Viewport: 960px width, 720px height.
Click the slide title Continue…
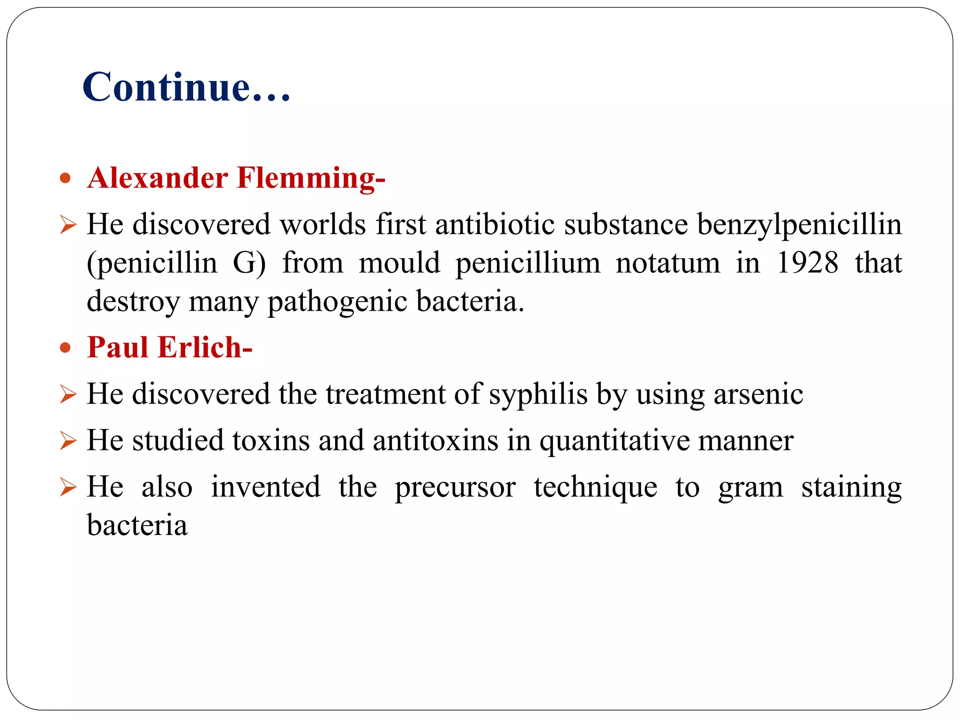187,87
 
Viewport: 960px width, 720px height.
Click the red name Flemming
311,179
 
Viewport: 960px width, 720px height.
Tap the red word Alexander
157,178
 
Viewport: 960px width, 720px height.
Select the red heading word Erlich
205,348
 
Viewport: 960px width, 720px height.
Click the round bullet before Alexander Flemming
66,178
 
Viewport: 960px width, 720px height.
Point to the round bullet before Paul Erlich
66,348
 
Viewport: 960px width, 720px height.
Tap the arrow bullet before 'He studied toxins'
68,441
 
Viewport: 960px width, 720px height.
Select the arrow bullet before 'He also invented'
68,487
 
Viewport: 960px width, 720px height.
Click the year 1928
807,262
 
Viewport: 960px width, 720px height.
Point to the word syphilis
538,395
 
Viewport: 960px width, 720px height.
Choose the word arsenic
758,394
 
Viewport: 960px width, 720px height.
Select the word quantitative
614,442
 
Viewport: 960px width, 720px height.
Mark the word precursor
455,488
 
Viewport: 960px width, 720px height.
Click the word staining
851,488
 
